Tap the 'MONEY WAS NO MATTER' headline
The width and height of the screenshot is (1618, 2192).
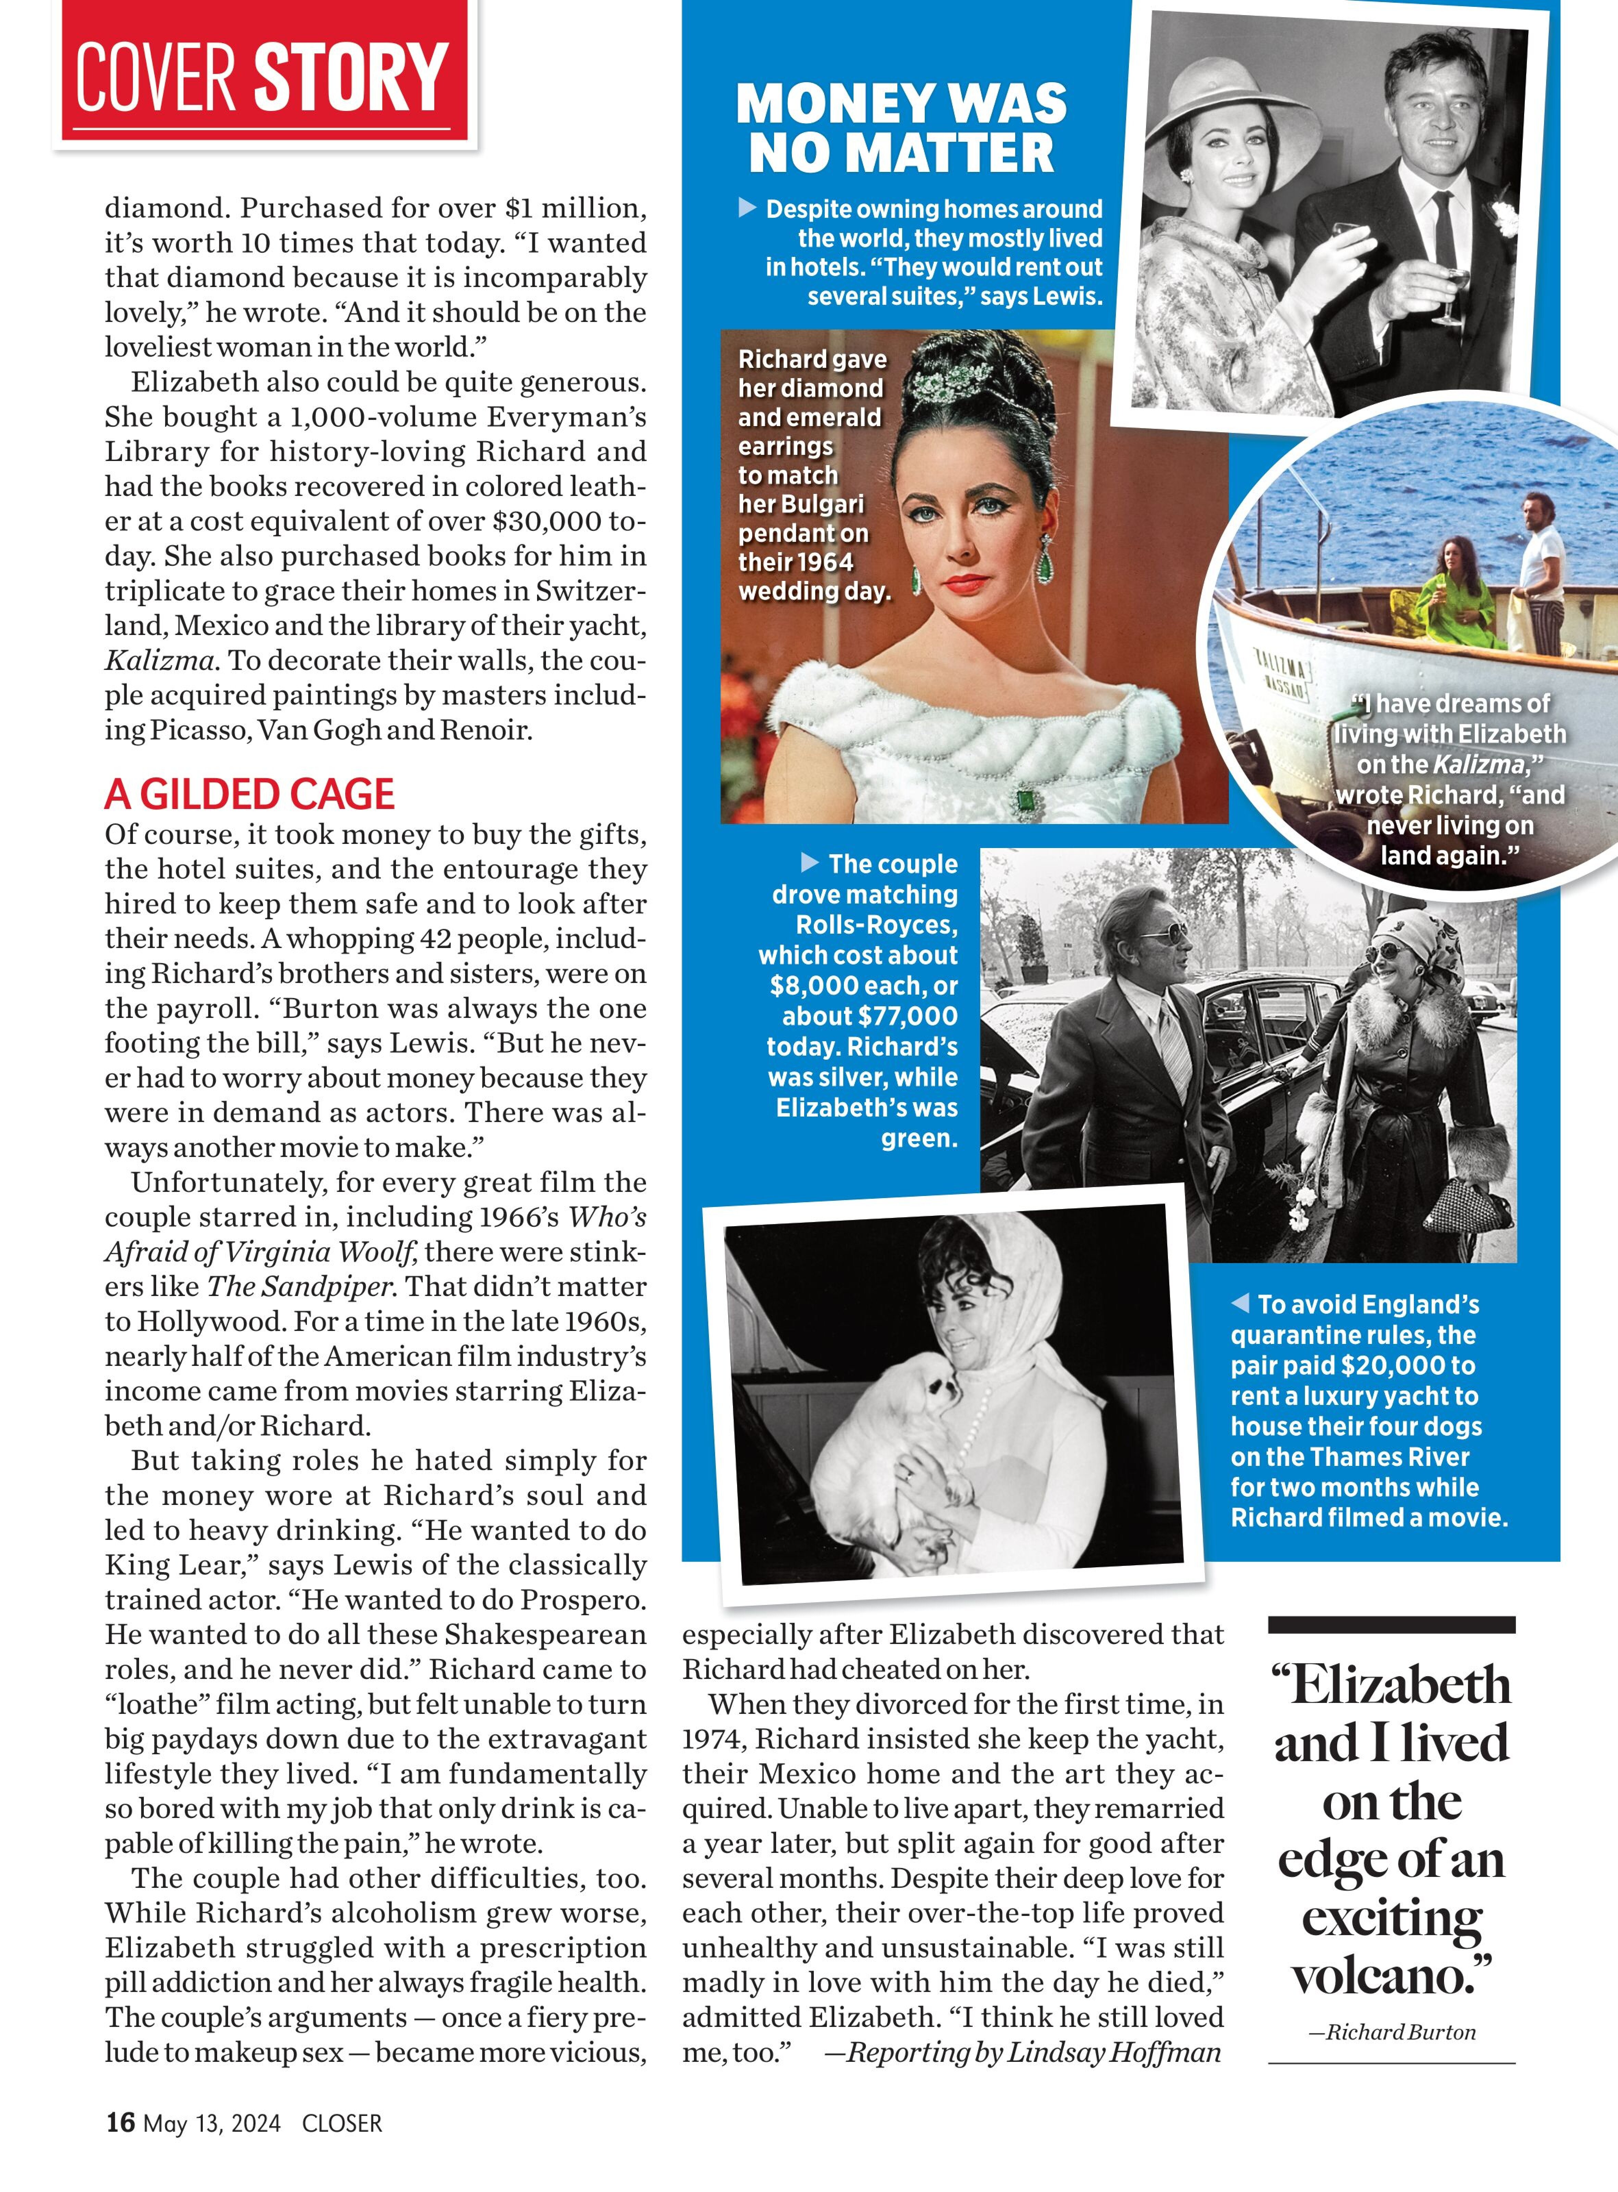901,128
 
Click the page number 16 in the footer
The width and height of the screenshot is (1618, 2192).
120,2122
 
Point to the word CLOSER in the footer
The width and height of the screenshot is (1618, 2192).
342,2123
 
